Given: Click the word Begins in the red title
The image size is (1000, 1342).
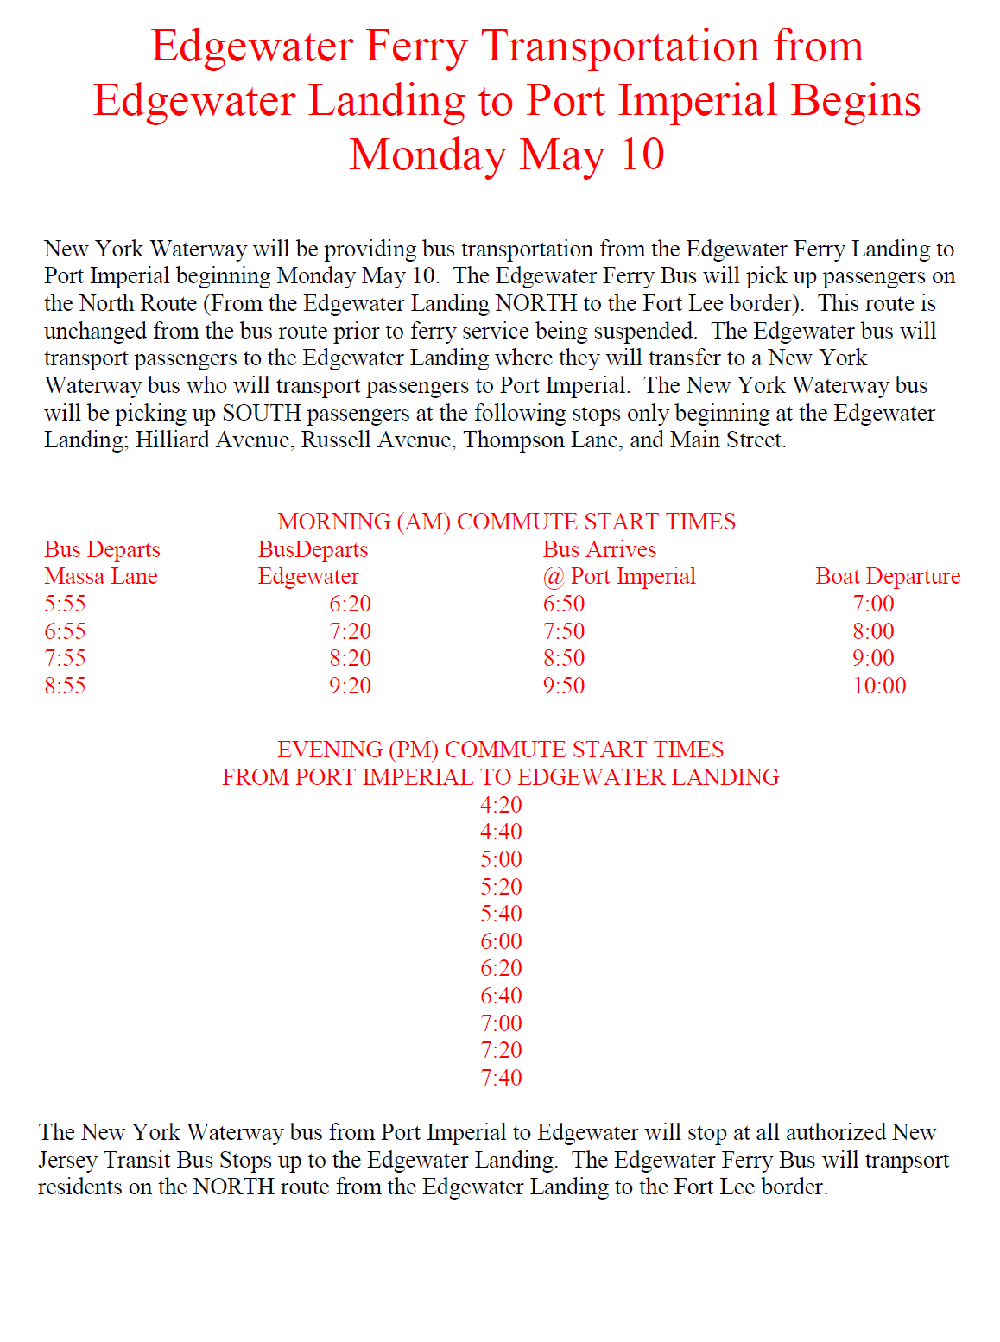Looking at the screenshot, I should tap(855, 100).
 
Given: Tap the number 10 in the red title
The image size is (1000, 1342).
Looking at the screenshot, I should tap(642, 155).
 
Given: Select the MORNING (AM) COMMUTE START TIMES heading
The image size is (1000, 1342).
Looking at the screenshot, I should tap(506, 522).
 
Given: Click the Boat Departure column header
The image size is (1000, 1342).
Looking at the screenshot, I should tap(887, 576).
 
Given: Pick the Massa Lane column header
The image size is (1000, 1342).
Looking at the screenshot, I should tap(101, 576).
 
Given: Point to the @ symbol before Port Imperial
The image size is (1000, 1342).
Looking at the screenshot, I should tap(553, 577).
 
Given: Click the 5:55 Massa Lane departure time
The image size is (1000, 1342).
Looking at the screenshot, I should tap(65, 604).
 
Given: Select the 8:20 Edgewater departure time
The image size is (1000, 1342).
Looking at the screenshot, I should tap(350, 658).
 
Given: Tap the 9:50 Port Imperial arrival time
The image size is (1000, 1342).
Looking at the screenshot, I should tap(563, 686).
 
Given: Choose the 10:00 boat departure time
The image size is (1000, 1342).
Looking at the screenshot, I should tap(879, 686).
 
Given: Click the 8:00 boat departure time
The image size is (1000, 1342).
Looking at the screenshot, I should tap(873, 631).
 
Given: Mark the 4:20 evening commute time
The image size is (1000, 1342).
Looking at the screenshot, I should tap(501, 805).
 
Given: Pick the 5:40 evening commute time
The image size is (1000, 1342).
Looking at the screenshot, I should tap(501, 914).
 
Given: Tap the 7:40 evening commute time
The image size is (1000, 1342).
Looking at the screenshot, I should tap(501, 1078).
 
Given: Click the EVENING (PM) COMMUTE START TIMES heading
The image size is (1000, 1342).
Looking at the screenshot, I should tap(500, 750).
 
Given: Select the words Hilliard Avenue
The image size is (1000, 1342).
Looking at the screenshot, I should tap(212, 440).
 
